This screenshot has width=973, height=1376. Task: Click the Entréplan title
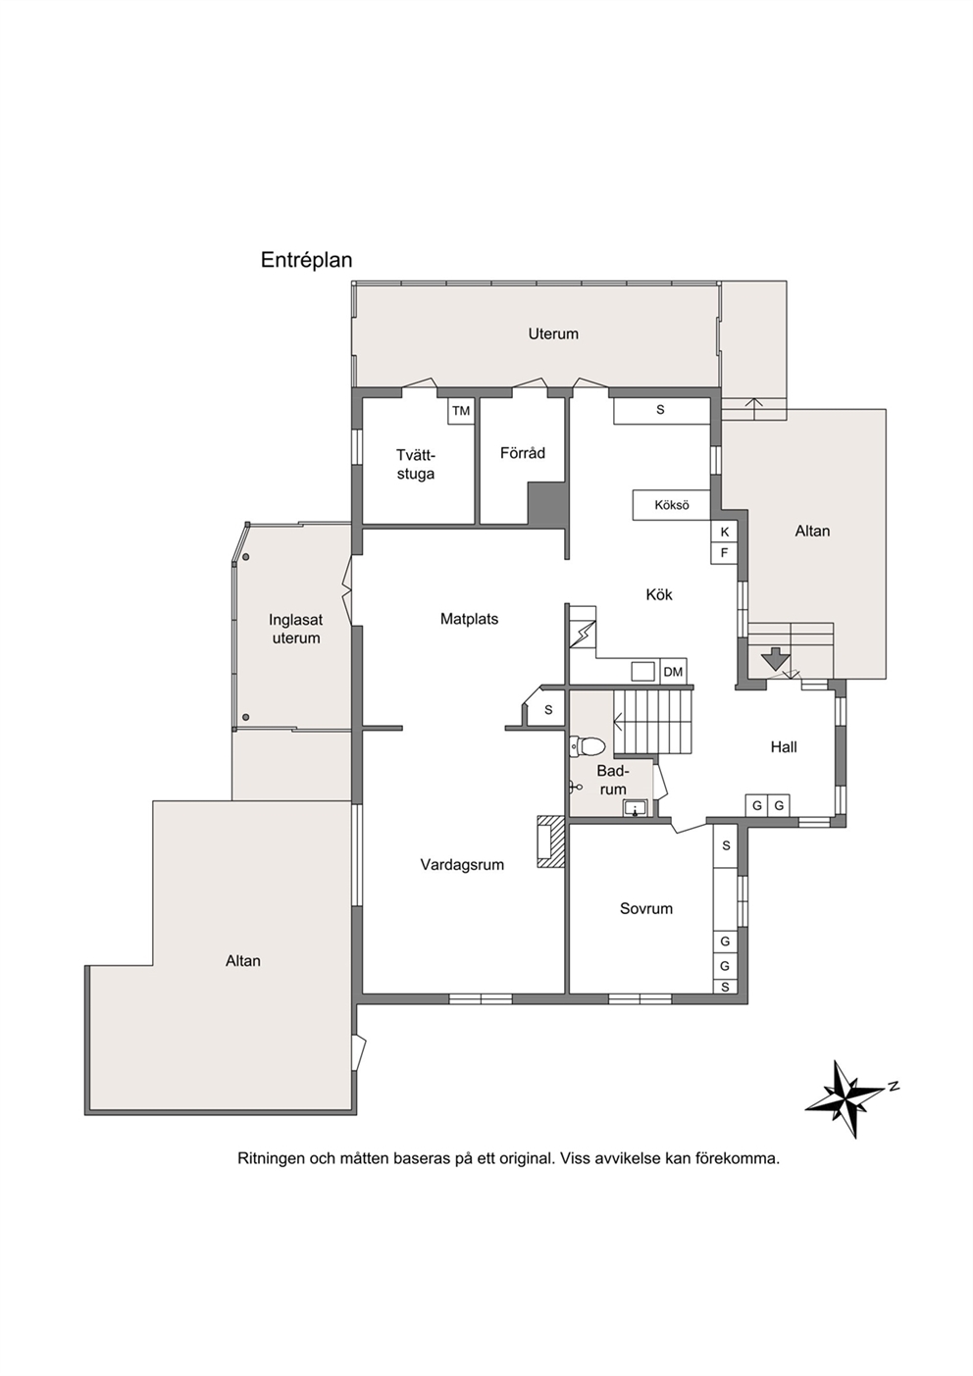pos(307,261)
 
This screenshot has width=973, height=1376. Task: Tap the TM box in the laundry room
pos(461,411)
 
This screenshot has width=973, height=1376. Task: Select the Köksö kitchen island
pos(672,505)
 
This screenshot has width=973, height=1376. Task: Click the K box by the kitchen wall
pos(724,532)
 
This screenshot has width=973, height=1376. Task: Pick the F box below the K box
pos(724,553)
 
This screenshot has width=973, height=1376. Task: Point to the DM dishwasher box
pos(673,672)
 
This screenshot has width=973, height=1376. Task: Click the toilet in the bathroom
pos(589,745)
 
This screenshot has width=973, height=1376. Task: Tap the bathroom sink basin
pos(636,808)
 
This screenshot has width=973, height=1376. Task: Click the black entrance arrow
pos(775,658)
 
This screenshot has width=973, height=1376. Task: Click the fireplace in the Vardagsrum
pos(551,841)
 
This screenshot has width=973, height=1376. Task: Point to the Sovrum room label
pos(645,908)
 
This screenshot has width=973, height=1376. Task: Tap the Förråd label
pos(522,453)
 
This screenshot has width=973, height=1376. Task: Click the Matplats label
pos(469,619)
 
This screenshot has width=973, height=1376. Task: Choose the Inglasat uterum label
pos(296,629)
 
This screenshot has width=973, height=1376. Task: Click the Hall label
pos(783,747)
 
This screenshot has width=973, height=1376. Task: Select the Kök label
pos(658,594)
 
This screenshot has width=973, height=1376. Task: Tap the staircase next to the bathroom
pos(653,721)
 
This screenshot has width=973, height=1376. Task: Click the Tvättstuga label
pos(416,465)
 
